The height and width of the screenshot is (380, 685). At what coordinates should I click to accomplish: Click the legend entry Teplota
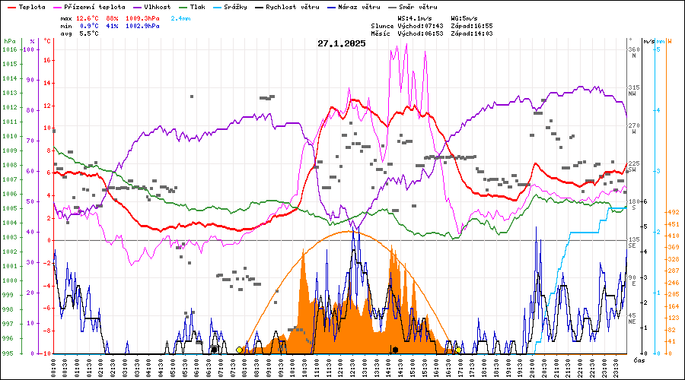point(32,7)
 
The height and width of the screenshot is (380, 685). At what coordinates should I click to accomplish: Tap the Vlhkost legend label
point(157,7)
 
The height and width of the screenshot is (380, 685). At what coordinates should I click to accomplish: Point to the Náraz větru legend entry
point(358,7)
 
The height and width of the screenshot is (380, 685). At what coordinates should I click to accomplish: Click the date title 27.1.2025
point(342,43)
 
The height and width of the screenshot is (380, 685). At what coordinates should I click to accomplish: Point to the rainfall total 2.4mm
point(181,17)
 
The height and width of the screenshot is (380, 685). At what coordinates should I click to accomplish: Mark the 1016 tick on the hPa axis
point(9,50)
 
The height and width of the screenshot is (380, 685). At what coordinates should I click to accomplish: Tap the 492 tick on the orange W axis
point(673,212)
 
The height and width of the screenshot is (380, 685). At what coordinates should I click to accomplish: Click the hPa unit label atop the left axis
point(9,41)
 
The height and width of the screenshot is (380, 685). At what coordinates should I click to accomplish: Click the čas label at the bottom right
point(639,359)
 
